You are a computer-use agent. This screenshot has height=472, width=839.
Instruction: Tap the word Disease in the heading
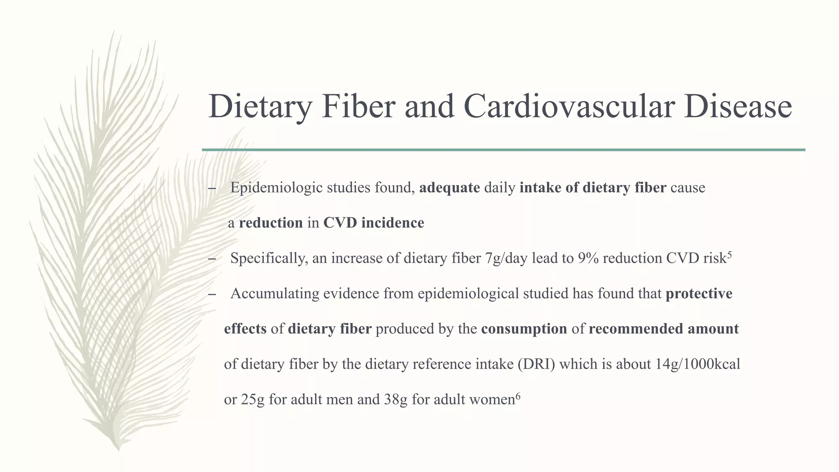coord(737,107)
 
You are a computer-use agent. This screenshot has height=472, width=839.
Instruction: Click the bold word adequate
coord(449,188)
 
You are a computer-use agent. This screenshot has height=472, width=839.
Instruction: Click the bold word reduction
coord(271,223)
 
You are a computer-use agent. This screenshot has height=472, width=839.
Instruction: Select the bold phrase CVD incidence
coord(374,223)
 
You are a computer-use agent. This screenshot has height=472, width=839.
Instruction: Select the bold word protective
coord(699,293)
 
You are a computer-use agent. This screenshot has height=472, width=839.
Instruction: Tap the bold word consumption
coord(524,329)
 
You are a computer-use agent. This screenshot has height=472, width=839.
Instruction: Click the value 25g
coord(253,399)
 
